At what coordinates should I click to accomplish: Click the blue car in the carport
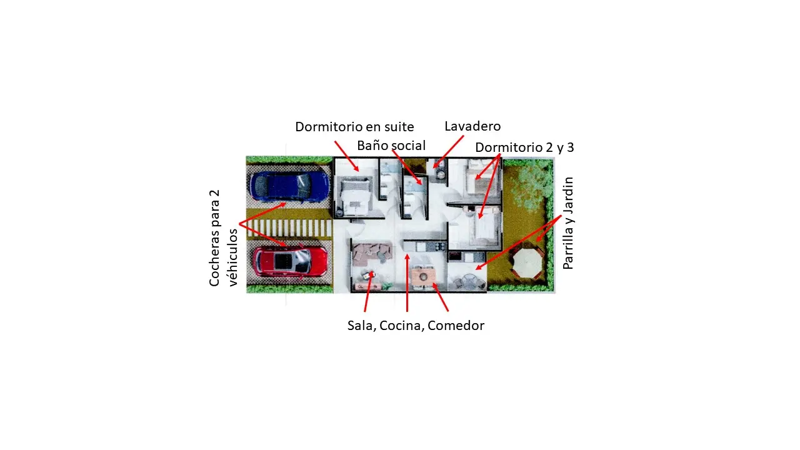pyautogui.click(x=289, y=186)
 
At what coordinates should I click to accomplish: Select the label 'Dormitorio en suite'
pyautogui.click(x=354, y=127)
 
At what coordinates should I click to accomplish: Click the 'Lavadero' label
pyautogui.click(x=472, y=126)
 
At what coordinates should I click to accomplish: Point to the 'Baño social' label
pyautogui.click(x=391, y=146)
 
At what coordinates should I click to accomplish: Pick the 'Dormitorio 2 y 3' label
pyautogui.click(x=524, y=147)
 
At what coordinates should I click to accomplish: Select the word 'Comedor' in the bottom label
pyautogui.click(x=456, y=326)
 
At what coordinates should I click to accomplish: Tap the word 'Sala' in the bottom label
pyautogui.click(x=361, y=326)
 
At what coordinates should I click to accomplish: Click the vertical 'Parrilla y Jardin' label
pyautogui.click(x=568, y=223)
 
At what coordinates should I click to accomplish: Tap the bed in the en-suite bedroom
pyautogui.click(x=354, y=197)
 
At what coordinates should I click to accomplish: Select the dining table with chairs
pyautogui.click(x=423, y=277)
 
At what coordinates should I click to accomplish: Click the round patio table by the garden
pyautogui.click(x=469, y=281)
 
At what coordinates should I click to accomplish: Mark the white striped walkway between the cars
pyautogui.click(x=289, y=228)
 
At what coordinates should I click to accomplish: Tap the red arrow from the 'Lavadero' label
pyautogui.click(x=448, y=152)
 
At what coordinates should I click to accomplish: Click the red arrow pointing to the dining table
pyautogui.click(x=440, y=297)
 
